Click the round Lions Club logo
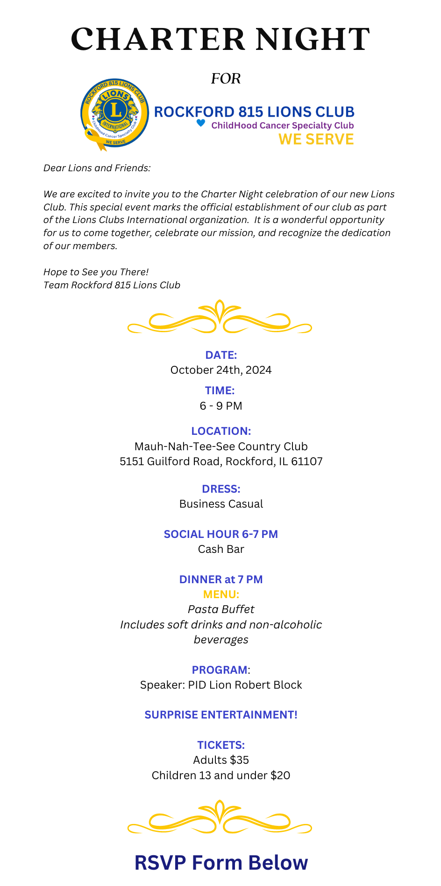click(114, 113)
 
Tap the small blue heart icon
click(200, 123)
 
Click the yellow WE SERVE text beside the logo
click(316, 139)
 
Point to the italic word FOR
click(226, 78)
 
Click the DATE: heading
click(221, 355)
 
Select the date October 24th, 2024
click(221, 370)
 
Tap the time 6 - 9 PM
click(221, 406)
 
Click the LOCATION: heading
click(221, 431)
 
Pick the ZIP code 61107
click(306, 461)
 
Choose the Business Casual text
click(221, 504)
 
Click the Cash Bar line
click(221, 549)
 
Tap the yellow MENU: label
click(221, 594)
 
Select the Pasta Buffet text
click(221, 609)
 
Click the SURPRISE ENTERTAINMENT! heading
click(221, 715)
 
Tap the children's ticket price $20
click(280, 775)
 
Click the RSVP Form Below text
click(221, 863)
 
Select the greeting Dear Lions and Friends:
click(97, 168)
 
